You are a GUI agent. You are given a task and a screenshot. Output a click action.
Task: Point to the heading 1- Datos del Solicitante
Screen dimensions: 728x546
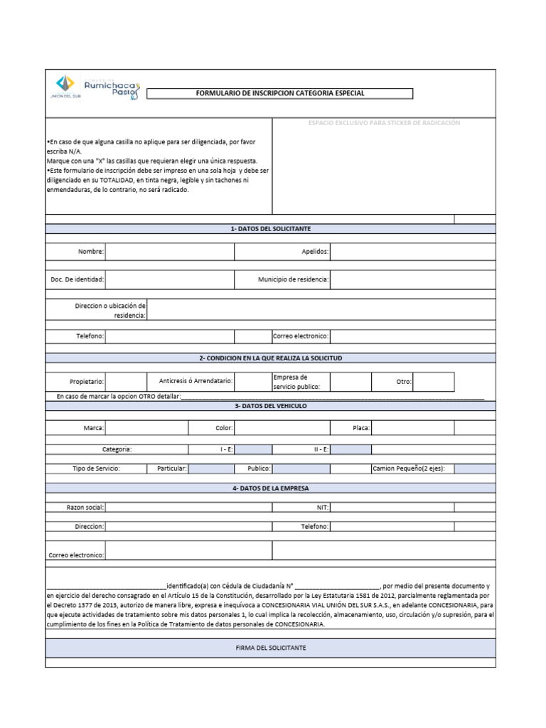(x=270, y=228)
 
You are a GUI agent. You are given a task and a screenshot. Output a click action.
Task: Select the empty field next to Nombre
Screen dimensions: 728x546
(x=169, y=252)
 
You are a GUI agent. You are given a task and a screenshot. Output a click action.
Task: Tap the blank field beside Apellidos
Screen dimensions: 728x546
(x=412, y=252)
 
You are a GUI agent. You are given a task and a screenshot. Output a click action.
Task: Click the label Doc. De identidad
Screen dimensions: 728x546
(x=77, y=279)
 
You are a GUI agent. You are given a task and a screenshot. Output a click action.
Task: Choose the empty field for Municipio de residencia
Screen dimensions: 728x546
(x=412, y=279)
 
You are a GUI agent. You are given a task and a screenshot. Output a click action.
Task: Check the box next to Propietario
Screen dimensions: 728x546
(x=126, y=382)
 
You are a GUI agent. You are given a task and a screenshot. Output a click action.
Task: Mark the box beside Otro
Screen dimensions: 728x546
(x=433, y=382)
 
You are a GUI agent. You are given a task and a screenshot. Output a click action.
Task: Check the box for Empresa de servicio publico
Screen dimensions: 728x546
(x=350, y=382)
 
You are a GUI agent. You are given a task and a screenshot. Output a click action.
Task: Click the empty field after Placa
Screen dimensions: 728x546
(x=412, y=428)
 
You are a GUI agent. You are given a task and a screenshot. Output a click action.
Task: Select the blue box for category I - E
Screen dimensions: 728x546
(x=253, y=449)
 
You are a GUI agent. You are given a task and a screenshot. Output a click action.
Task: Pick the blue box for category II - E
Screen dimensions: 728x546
(x=350, y=449)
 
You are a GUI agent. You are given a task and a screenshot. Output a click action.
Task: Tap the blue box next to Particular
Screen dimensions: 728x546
(x=211, y=469)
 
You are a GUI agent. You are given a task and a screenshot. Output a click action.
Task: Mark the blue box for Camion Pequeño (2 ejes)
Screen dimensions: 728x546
(x=475, y=469)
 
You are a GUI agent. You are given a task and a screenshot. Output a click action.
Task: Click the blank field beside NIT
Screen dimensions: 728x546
(x=392, y=507)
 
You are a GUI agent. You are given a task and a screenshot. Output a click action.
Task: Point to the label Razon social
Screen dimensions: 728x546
(x=85, y=507)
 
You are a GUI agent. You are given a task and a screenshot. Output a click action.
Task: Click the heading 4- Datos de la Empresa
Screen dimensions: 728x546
(x=270, y=488)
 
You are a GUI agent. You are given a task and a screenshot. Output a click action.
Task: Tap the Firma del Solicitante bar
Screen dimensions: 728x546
(x=270, y=648)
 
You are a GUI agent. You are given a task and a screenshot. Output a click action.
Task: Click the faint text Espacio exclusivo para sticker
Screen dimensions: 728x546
(x=384, y=123)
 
